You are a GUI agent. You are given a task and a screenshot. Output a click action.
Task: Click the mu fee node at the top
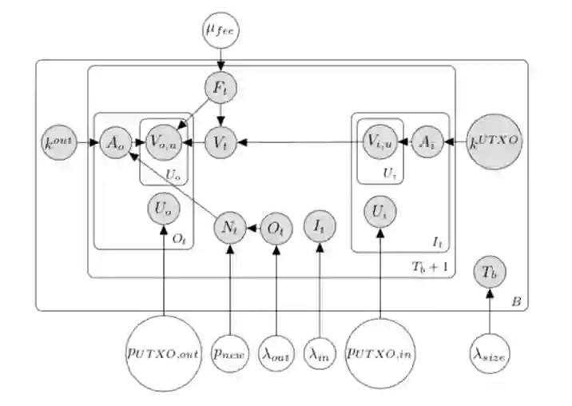coord(221,31)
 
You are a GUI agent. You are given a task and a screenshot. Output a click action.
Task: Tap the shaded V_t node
coord(220,142)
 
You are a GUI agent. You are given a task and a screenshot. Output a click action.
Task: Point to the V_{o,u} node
coord(164,142)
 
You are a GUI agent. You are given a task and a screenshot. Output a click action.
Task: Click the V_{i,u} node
coord(379,142)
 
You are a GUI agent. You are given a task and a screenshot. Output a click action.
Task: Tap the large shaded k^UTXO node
coord(495,142)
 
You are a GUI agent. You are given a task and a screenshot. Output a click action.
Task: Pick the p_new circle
coord(230,351)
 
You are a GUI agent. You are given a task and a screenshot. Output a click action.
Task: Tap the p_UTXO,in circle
coord(380,351)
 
